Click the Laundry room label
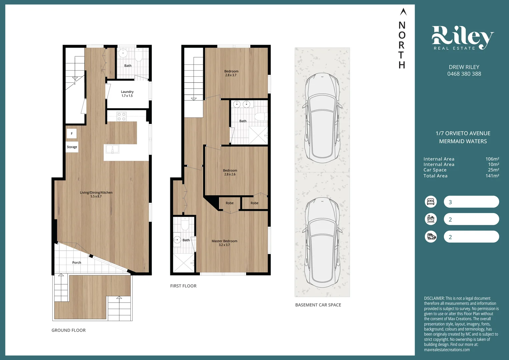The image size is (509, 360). click(127, 94)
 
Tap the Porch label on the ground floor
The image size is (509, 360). click(77, 263)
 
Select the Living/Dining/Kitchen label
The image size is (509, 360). click(96, 194)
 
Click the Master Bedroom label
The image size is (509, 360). click(224, 243)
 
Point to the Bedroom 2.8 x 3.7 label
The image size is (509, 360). click(231, 73)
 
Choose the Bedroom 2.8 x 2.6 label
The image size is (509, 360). click(230, 172)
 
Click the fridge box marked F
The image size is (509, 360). click(72, 134)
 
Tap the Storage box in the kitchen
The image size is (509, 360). click(72, 147)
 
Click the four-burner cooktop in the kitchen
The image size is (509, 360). click(121, 116)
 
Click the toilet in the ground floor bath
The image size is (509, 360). click(139, 55)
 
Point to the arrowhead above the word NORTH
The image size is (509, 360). click(403, 12)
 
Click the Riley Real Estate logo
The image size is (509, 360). click(463, 38)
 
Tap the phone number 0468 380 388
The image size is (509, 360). click(464, 74)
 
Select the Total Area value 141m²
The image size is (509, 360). click(492, 176)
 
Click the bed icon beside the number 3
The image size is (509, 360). click(431, 202)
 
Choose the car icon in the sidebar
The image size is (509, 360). click(431, 237)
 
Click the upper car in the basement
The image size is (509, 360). click(322, 117)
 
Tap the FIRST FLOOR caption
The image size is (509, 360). click(183, 286)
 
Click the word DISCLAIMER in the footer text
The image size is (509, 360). click(434, 298)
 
